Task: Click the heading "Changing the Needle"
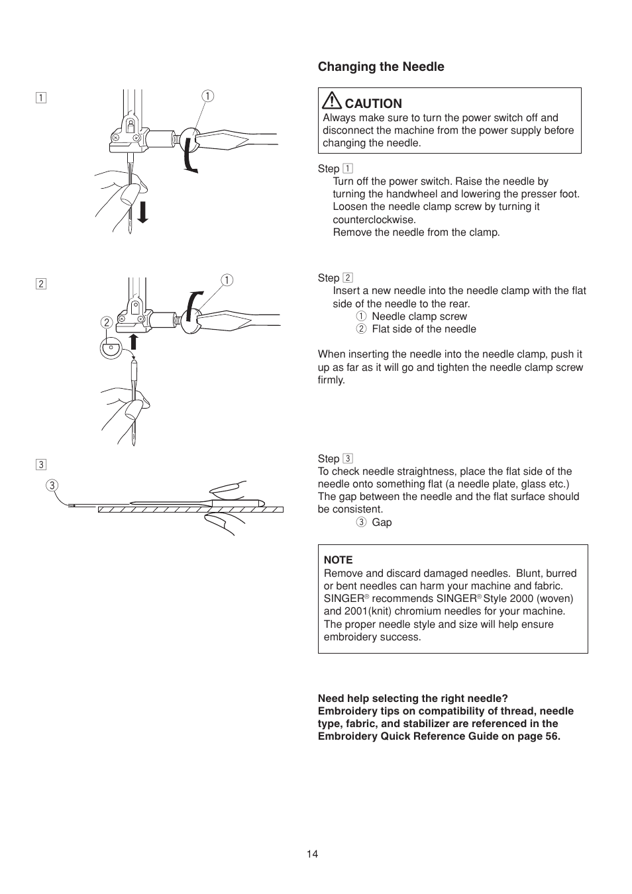(x=381, y=67)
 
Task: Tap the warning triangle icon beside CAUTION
(x=331, y=101)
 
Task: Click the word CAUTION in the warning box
(x=373, y=104)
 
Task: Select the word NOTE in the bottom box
(x=338, y=560)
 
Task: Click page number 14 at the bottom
(x=312, y=854)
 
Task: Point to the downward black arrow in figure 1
(x=142, y=211)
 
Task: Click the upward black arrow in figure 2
(x=133, y=342)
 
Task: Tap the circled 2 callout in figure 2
(x=107, y=323)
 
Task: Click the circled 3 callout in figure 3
(x=52, y=485)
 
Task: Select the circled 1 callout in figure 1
(x=208, y=96)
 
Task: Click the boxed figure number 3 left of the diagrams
(x=41, y=464)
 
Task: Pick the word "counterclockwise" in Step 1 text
(x=374, y=220)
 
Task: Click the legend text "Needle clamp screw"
(x=419, y=317)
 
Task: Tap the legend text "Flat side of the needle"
(x=424, y=329)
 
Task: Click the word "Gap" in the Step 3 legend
(x=382, y=522)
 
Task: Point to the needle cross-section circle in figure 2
(x=111, y=348)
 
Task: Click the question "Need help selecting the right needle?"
(x=413, y=699)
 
